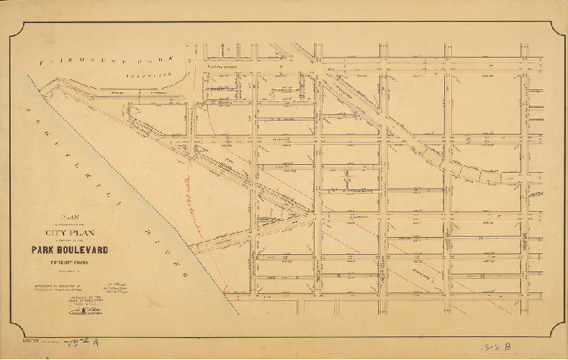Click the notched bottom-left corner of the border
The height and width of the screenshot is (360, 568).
[x=26, y=332]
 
